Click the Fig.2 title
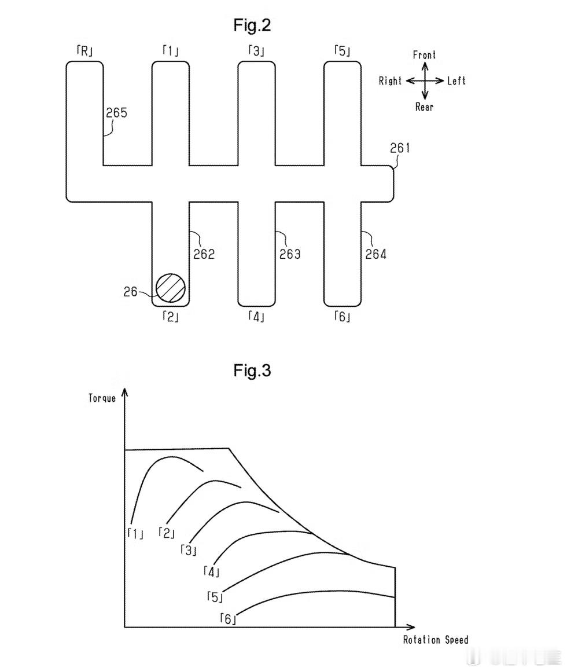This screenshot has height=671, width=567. coord(252,25)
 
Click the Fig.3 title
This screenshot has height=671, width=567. coord(252,370)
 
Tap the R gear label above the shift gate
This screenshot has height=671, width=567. coord(84,52)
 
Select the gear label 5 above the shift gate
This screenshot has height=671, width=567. coord(342,52)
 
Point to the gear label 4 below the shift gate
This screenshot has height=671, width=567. coord(256,317)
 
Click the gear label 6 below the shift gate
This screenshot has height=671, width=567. coord(342,317)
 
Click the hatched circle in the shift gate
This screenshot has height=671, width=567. coord(171,288)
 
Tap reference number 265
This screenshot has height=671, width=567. coord(117,112)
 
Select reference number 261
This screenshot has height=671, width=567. coord(400,148)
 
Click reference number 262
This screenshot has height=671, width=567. coord(204,254)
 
